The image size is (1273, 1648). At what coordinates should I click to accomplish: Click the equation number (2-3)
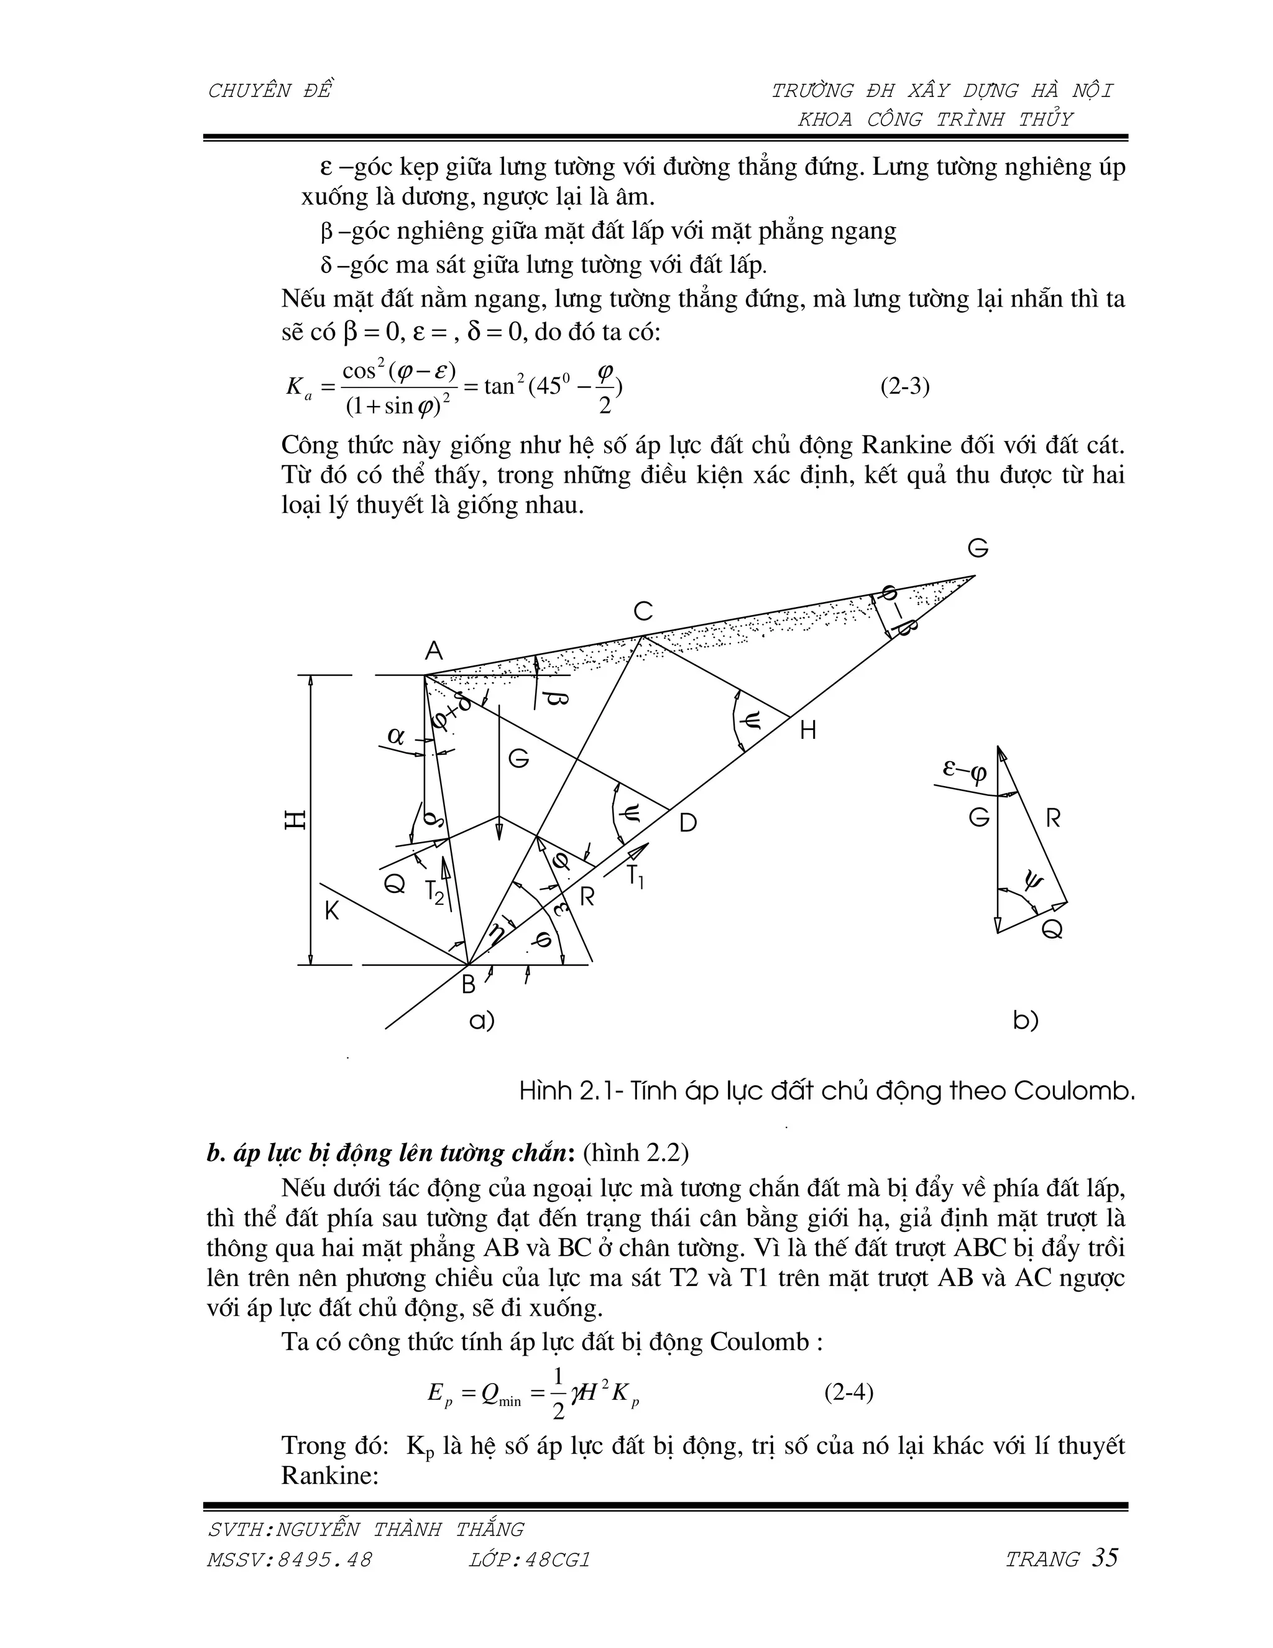(905, 387)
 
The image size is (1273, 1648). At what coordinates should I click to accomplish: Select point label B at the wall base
(468, 984)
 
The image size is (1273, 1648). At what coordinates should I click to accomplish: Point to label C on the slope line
(643, 611)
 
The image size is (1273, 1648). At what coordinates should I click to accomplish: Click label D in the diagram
(688, 823)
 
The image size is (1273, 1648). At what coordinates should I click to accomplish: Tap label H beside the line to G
(807, 731)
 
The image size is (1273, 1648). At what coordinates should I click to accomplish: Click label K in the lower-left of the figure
(332, 912)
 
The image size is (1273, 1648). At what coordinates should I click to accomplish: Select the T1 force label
(635, 877)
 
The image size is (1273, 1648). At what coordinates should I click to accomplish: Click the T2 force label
(434, 892)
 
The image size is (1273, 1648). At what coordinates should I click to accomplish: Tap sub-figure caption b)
(1026, 1021)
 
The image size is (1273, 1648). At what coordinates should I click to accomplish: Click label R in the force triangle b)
(1054, 819)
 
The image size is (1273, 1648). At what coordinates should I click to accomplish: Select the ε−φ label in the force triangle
(965, 771)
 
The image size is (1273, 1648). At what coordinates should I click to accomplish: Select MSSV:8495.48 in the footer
(290, 1560)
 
